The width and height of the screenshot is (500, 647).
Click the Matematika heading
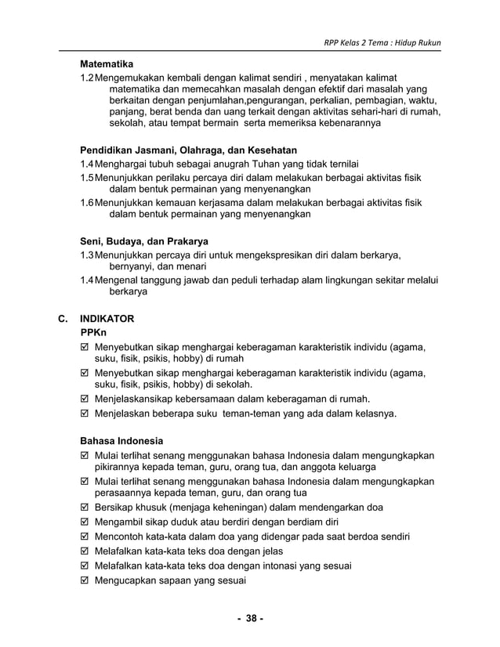(x=107, y=63)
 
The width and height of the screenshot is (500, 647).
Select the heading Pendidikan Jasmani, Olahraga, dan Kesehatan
(x=188, y=150)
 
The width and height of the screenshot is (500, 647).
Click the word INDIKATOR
(x=107, y=320)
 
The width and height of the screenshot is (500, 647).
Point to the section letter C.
(x=63, y=320)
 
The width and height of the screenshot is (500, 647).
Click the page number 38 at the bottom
(x=250, y=619)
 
